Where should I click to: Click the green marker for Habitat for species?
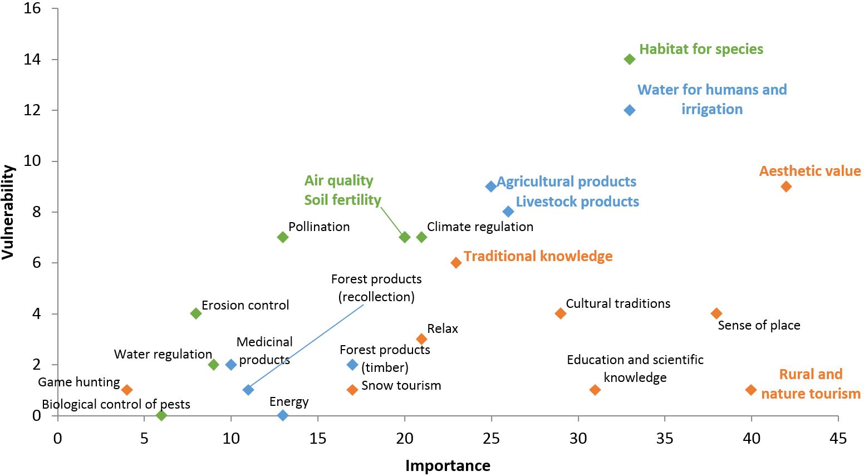(x=630, y=59)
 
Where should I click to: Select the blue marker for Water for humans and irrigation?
(x=630, y=110)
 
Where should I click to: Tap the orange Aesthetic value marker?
(x=786, y=187)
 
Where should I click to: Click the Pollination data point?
(x=283, y=237)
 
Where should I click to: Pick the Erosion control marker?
(x=196, y=313)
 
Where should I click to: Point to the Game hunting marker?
(x=127, y=390)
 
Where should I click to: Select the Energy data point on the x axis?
(x=283, y=415)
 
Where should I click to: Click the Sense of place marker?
(x=716, y=313)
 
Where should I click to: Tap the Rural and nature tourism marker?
(x=751, y=390)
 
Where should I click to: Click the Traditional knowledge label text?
(x=538, y=256)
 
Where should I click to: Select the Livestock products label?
(x=577, y=202)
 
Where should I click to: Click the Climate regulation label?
(x=480, y=227)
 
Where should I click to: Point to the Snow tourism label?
(x=401, y=385)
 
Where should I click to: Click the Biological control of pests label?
(x=116, y=404)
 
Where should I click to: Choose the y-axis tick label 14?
(x=32, y=59)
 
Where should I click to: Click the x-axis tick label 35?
(x=665, y=439)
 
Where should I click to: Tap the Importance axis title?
(x=448, y=465)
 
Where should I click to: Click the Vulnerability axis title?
(x=8, y=212)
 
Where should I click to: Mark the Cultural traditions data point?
(x=561, y=313)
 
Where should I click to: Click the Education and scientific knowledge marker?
(x=595, y=390)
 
